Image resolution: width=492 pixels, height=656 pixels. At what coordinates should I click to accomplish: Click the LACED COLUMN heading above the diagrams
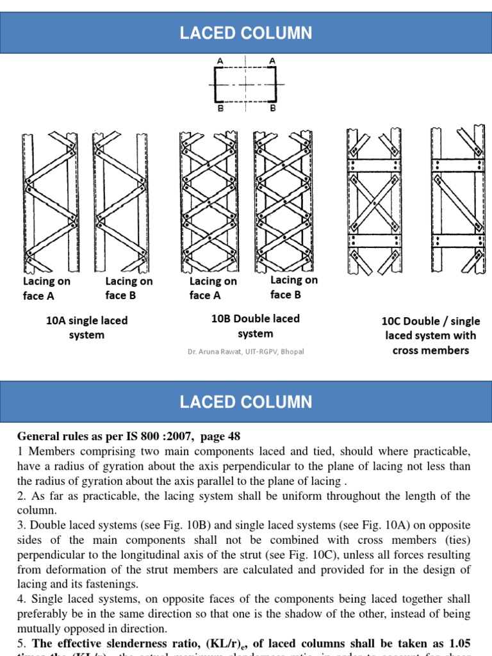pyautogui.click(x=246, y=33)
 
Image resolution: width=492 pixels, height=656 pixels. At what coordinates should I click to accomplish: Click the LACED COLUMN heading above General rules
pyautogui.click(x=246, y=402)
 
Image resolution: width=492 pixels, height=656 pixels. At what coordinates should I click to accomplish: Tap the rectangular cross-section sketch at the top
pyautogui.click(x=246, y=84)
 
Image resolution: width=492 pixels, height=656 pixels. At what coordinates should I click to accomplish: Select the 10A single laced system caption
pyautogui.click(x=86, y=327)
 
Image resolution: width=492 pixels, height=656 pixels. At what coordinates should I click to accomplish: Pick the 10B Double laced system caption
pyautogui.click(x=255, y=326)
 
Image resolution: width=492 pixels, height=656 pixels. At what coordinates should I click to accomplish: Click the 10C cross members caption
pyautogui.click(x=430, y=336)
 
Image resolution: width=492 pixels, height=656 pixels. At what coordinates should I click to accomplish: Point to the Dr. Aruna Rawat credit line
pyautogui.click(x=246, y=352)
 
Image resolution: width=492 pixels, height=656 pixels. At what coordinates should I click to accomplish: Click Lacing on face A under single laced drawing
pyautogui.click(x=46, y=288)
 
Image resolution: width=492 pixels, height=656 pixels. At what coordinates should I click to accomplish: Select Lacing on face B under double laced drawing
pyautogui.click(x=293, y=287)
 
